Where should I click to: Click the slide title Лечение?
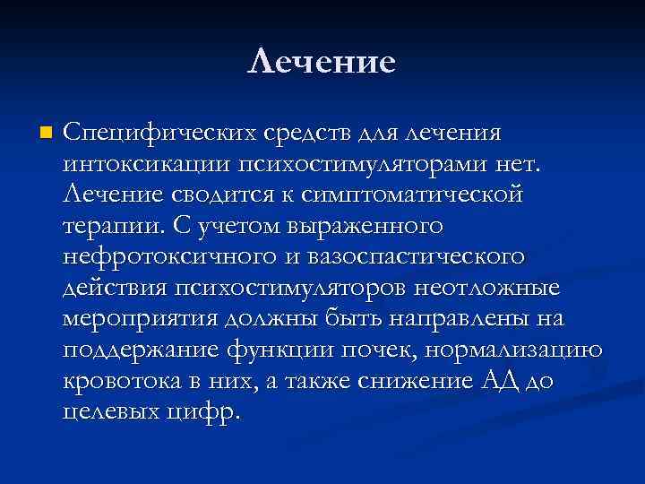(x=322, y=62)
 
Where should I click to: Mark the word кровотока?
(x=122, y=383)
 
